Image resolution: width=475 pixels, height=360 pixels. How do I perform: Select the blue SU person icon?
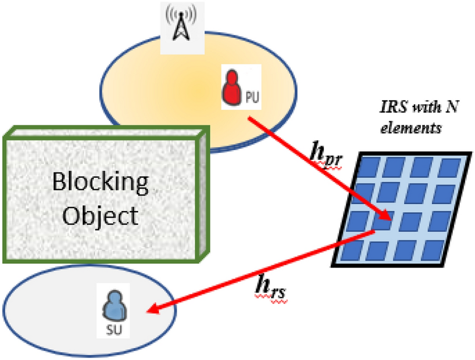(115, 308)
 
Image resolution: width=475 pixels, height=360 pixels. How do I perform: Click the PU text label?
(252, 98)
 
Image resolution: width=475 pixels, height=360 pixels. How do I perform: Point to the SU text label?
(115, 330)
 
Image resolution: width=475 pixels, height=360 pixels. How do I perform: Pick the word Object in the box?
(100, 216)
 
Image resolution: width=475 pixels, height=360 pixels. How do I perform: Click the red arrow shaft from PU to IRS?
(311, 166)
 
